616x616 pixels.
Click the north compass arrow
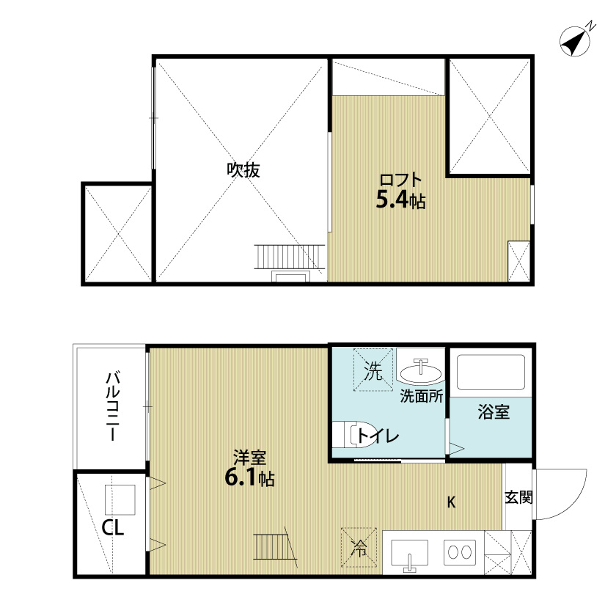pyautogui.click(x=577, y=41)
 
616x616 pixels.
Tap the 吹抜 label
pyautogui.click(x=243, y=170)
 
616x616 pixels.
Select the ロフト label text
pyautogui.click(x=400, y=180)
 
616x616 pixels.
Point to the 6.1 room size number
pyautogui.click(x=240, y=478)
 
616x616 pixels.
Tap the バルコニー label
pyautogui.click(x=112, y=405)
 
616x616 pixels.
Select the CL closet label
pyautogui.click(x=112, y=527)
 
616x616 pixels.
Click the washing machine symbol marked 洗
pyautogui.click(x=374, y=371)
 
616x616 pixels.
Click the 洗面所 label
pyautogui.click(x=421, y=397)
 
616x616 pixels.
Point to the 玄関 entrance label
pyautogui.click(x=518, y=497)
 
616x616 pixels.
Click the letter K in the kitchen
pyautogui.click(x=452, y=502)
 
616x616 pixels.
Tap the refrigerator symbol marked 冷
pyautogui.click(x=360, y=546)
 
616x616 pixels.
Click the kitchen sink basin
pyautogui.click(x=410, y=552)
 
